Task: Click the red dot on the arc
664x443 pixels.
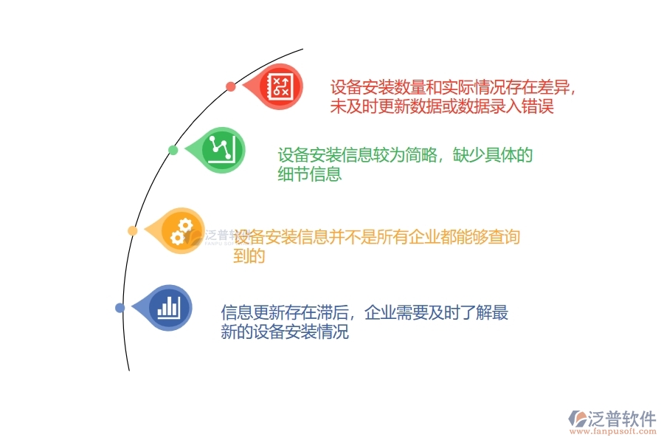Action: pos(231,86)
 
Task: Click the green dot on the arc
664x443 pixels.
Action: pos(173,151)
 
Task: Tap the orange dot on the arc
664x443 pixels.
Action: pos(133,231)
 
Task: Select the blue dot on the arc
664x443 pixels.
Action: pos(120,308)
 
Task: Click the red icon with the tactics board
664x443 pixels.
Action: pos(280,86)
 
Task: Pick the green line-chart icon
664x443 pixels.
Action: pos(222,149)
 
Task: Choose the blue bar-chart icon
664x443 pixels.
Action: pos(169,306)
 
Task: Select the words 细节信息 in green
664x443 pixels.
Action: pos(310,175)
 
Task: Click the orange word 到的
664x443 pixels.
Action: pos(249,256)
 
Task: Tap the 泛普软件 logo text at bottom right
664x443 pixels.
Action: pos(622,418)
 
